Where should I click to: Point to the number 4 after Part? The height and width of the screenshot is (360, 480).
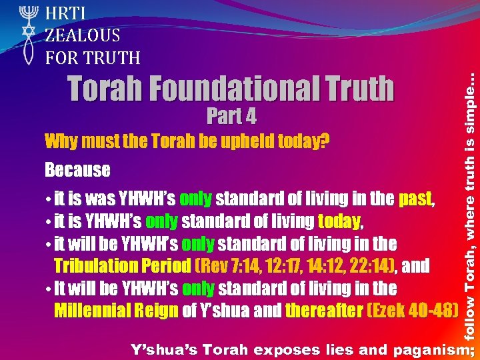[x=249, y=117]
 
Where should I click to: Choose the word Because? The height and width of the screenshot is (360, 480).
[x=77, y=170]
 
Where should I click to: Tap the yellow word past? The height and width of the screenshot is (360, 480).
[x=416, y=199]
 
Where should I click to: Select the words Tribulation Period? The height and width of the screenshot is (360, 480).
[x=122, y=266]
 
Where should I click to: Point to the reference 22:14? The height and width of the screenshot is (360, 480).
[x=369, y=266]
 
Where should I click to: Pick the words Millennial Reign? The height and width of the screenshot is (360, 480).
[x=115, y=311]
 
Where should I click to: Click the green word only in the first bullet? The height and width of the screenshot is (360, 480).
[x=196, y=199]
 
